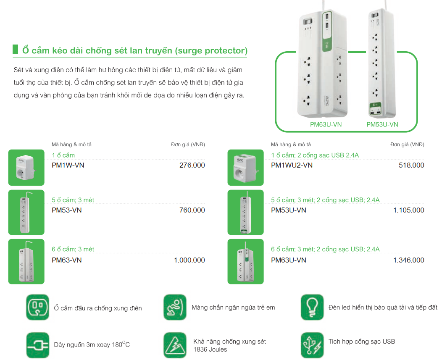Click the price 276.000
192,165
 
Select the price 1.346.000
408,260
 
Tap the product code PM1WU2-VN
292,165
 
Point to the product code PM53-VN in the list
66,210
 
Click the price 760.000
192,210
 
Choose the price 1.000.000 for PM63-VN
189,260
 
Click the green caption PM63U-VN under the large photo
326,125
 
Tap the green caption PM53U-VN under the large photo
382,125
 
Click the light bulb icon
312,307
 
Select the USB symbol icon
312,345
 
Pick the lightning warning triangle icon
175,345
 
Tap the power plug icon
38,345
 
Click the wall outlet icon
38,307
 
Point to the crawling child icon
175,307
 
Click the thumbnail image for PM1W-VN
26,168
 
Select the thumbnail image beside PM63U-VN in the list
245,261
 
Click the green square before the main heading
16,49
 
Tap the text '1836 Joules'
210,349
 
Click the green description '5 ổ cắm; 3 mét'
73,200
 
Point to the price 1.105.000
408,210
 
